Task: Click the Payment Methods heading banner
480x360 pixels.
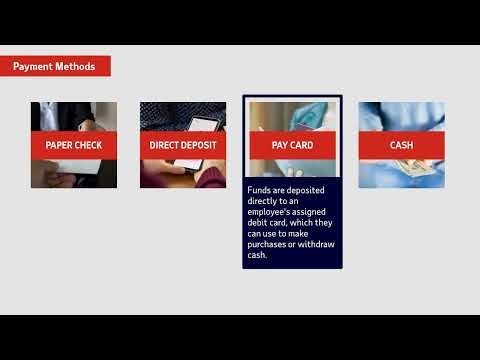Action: pyautogui.click(x=55, y=67)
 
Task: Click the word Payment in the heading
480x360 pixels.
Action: pyautogui.click(x=33, y=67)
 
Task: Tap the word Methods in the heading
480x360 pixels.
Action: pyautogui.click(x=75, y=67)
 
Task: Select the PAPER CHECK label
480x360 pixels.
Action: pyautogui.click(x=73, y=145)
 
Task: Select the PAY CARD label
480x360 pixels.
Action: pyautogui.click(x=292, y=145)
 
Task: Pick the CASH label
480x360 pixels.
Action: pyautogui.click(x=401, y=145)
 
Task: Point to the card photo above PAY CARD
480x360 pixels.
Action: pyautogui.click(x=292, y=114)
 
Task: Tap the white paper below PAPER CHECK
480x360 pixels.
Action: pyautogui.click(x=80, y=171)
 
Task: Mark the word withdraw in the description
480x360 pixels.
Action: pyautogui.click(x=312, y=243)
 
